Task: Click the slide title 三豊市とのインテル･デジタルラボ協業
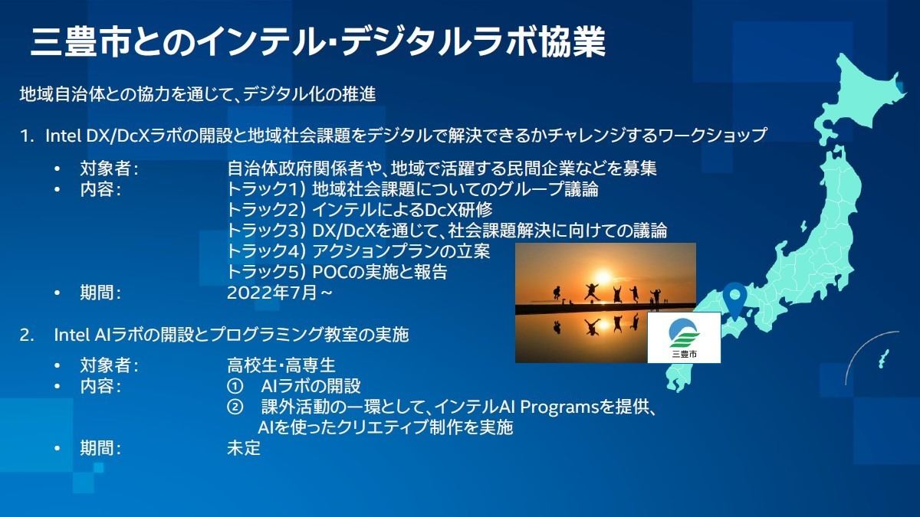coord(318,41)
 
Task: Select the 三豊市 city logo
coord(684,338)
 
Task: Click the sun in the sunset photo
coord(603,276)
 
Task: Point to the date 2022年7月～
coord(280,293)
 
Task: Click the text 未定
coord(244,448)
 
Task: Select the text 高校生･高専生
coord(281,365)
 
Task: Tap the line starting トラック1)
coord(412,189)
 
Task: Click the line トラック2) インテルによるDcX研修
coord(360,210)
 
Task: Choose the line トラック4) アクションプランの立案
coord(359,251)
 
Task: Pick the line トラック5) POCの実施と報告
coord(337,272)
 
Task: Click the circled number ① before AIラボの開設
coord(235,386)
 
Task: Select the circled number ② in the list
coord(235,407)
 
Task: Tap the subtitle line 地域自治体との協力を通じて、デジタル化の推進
coord(198,94)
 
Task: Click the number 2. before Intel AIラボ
coord(27,335)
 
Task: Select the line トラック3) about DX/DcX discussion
coord(447,231)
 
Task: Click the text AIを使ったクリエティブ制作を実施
coord(386,427)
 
